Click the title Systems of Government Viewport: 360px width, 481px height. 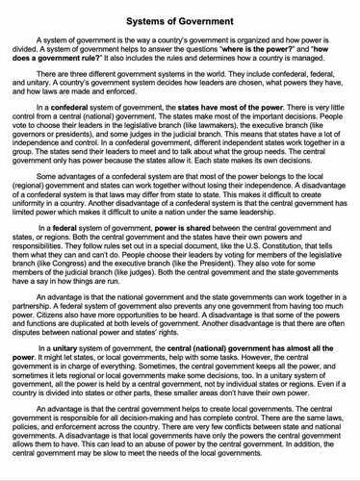pyautogui.click(x=180, y=12)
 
